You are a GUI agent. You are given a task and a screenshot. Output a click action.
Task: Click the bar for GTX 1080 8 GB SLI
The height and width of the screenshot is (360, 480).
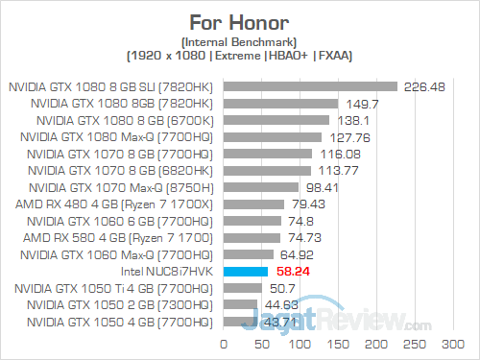click(x=310, y=86)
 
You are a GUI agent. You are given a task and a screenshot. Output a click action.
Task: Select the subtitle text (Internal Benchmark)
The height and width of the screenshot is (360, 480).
click(x=240, y=41)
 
